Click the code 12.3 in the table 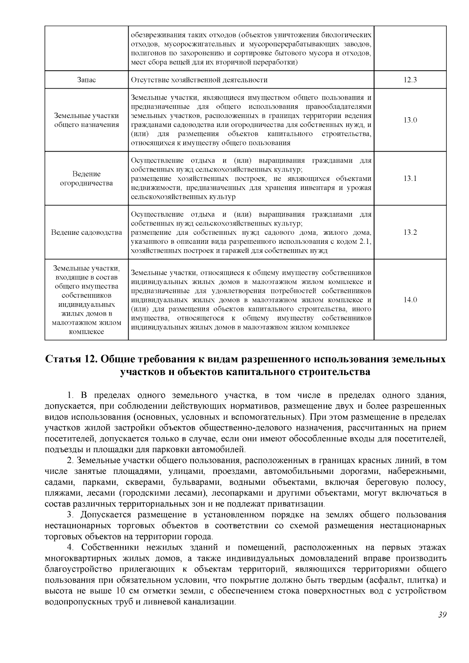410,80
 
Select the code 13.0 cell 410,120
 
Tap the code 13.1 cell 410,179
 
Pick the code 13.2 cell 410,232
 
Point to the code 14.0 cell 410,300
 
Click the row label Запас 86,80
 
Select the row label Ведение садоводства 86,232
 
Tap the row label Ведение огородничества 86,179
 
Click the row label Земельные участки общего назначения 86,120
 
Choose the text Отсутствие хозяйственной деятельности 199,80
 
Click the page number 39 442,615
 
